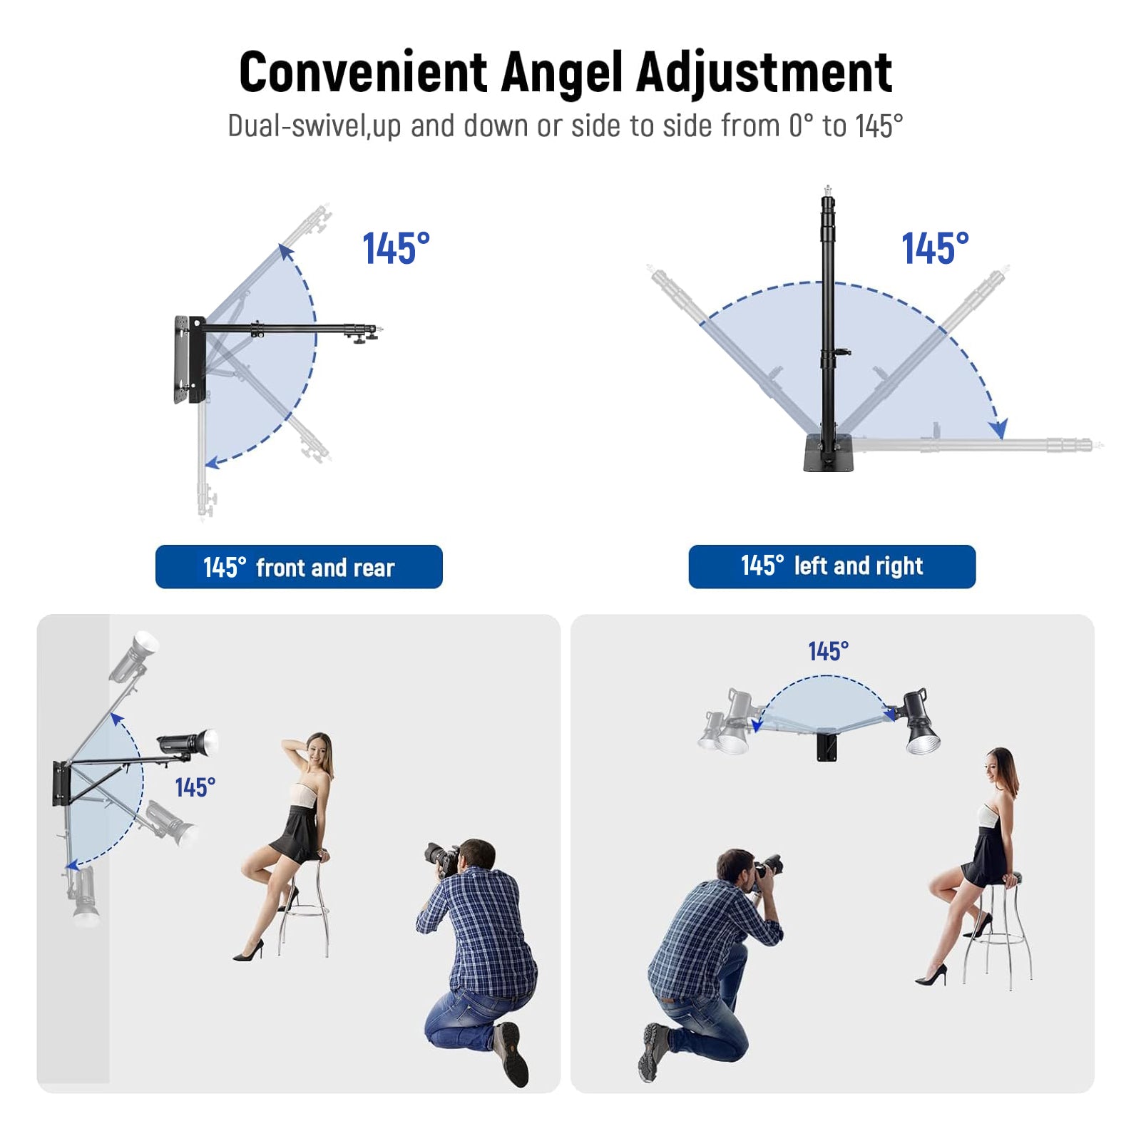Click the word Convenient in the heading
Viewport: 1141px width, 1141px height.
click(363, 73)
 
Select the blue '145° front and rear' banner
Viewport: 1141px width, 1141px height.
click(299, 567)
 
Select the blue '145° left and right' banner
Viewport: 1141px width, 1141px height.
click(832, 566)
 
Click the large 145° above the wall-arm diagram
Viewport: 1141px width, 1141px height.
click(396, 249)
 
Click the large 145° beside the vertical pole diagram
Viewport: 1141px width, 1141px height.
click(935, 249)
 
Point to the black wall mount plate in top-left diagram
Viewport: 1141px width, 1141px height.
click(188, 359)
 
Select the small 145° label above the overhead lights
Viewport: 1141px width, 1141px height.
click(828, 651)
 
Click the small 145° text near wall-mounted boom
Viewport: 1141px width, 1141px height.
click(195, 787)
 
